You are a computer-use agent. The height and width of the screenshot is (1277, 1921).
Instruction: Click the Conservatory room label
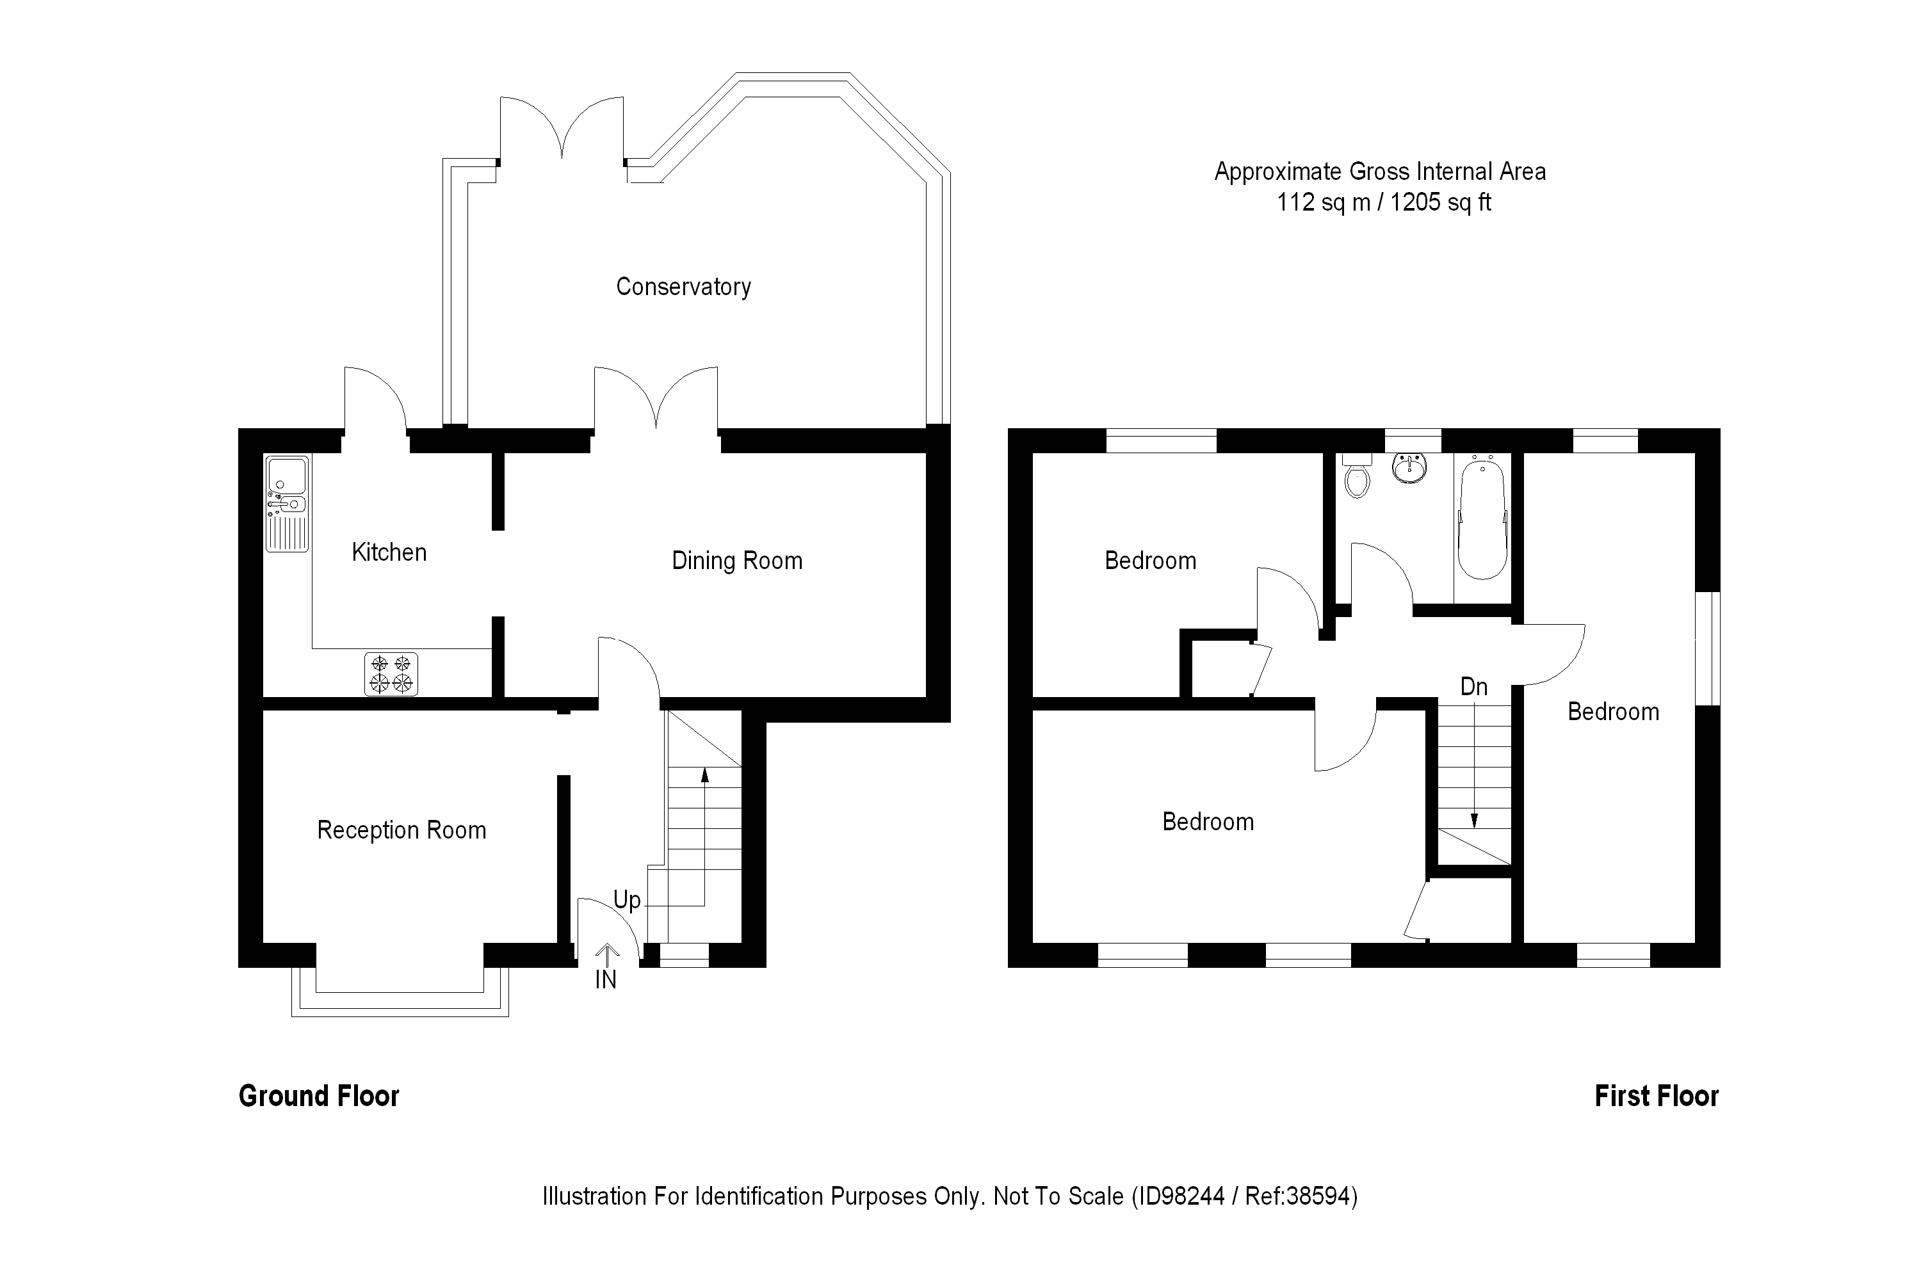pyautogui.click(x=683, y=287)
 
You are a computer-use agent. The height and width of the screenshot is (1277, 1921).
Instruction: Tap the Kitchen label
pyautogui.click(x=389, y=552)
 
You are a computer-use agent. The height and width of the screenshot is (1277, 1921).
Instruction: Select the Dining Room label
pyautogui.click(x=736, y=560)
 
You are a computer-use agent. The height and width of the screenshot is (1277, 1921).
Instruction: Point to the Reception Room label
pyautogui.click(x=401, y=830)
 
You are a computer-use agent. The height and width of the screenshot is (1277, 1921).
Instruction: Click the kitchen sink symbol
pyautogui.click(x=287, y=503)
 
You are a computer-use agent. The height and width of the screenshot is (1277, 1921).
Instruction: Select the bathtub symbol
pyautogui.click(x=1482, y=518)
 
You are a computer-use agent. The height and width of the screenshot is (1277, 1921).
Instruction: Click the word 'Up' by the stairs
pyautogui.click(x=626, y=900)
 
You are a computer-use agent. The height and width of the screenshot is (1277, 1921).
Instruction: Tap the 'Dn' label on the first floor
pyautogui.click(x=1474, y=687)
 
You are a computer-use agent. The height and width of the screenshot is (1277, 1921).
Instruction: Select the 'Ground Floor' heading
pyautogui.click(x=318, y=1096)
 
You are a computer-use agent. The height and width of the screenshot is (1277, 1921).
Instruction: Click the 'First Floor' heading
pyautogui.click(x=1657, y=1096)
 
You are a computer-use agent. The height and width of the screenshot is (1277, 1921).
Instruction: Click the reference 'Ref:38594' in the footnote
pyautogui.click(x=1301, y=1196)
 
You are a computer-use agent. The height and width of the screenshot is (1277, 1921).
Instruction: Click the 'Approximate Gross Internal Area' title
pyautogui.click(x=1380, y=172)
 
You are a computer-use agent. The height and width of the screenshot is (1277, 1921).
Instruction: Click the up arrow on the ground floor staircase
pyautogui.click(x=705, y=775)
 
